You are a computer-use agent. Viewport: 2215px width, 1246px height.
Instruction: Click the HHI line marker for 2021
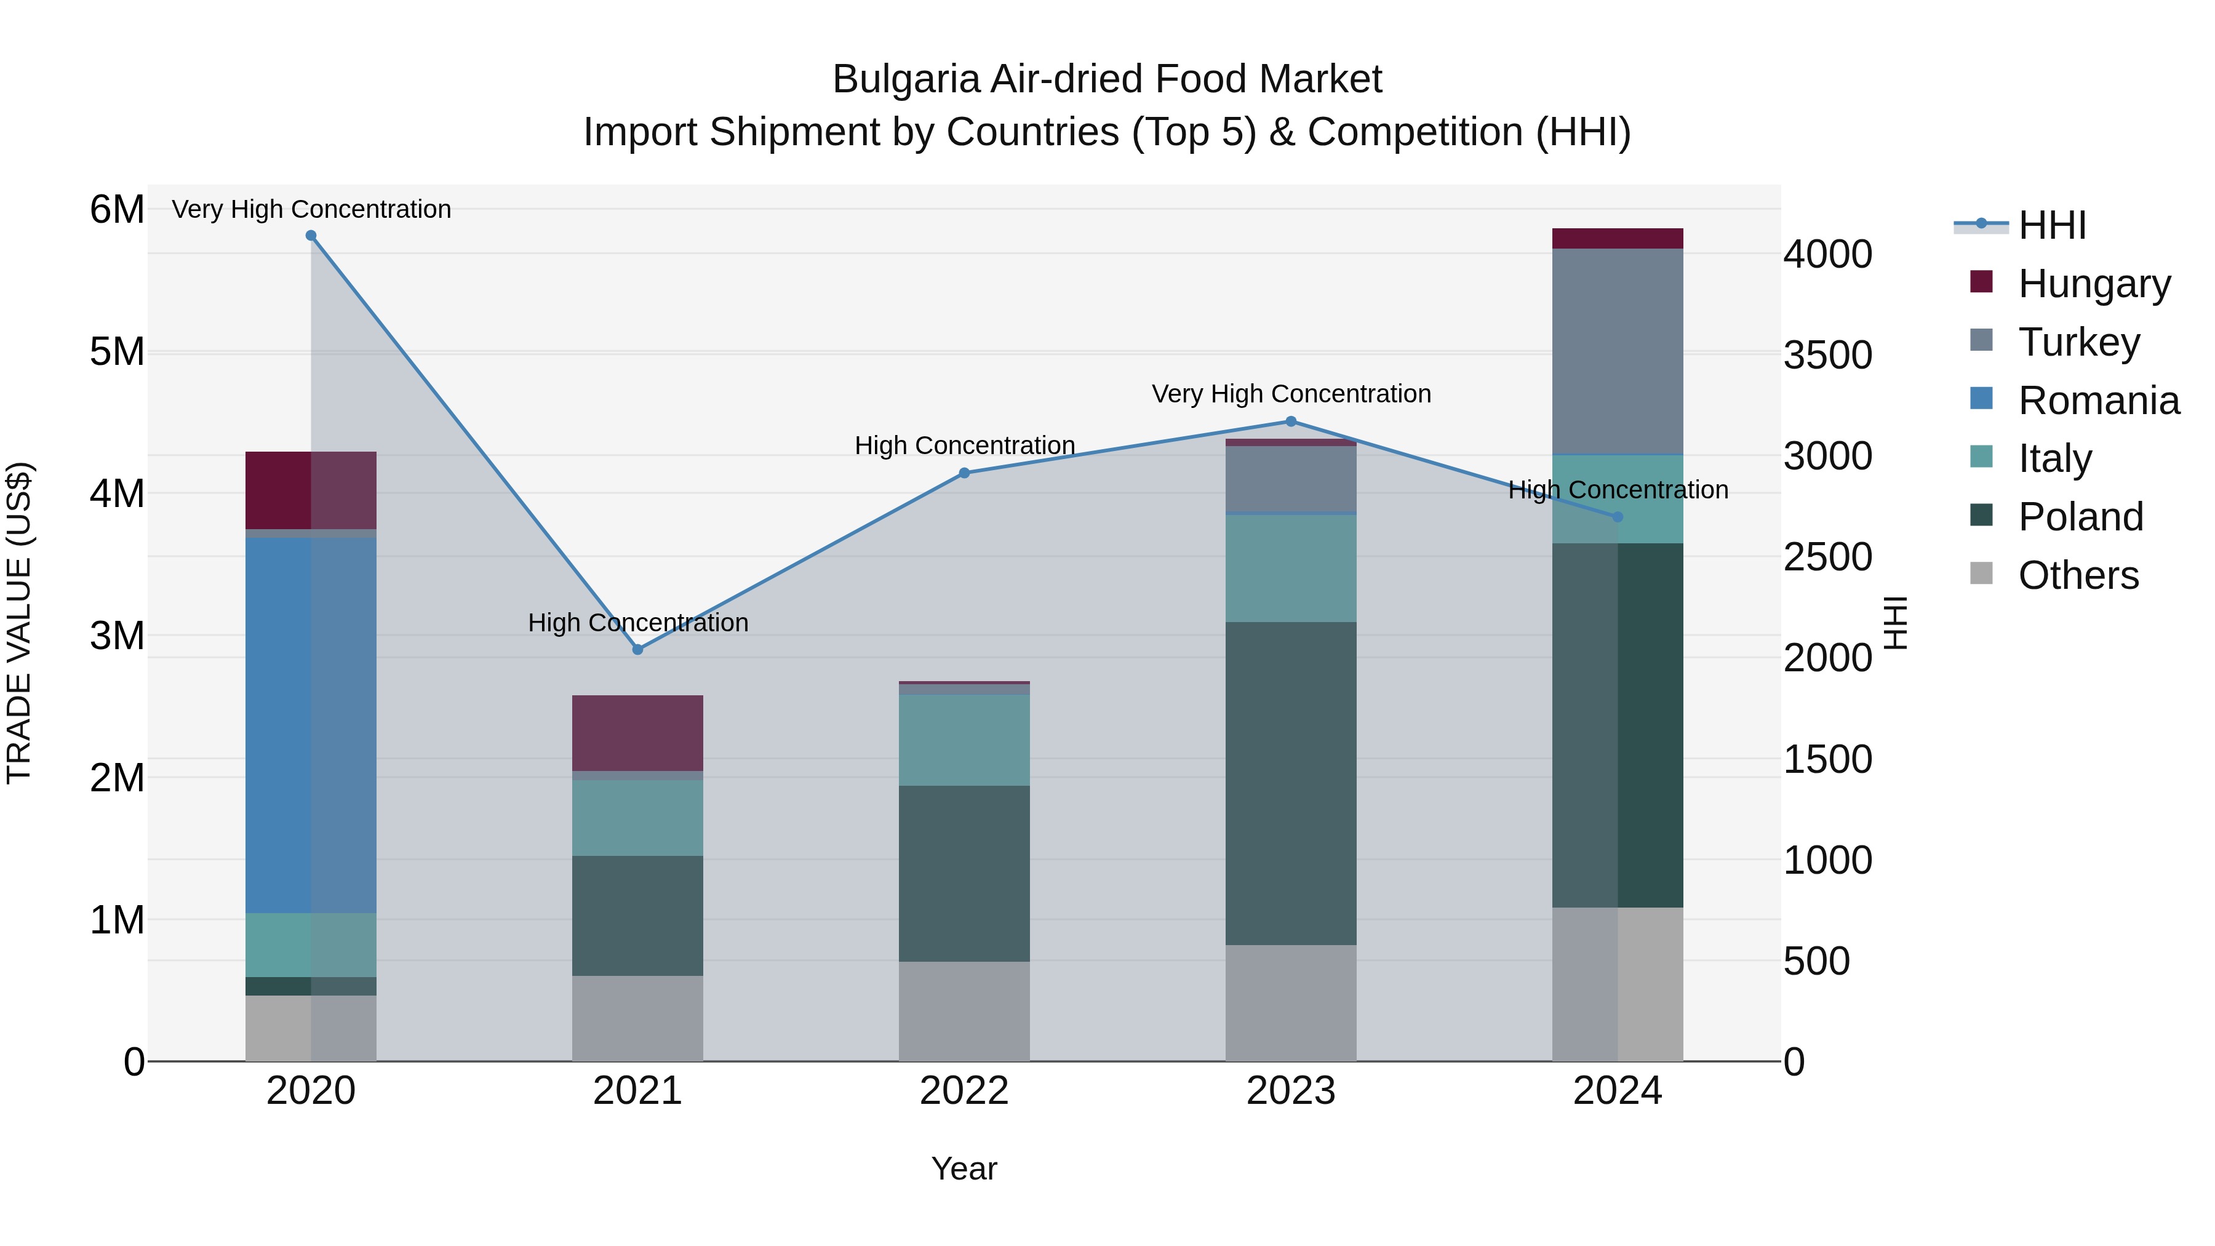pyautogui.click(x=637, y=649)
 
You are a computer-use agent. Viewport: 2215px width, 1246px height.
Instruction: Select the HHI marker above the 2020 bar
pyautogui.click(x=311, y=236)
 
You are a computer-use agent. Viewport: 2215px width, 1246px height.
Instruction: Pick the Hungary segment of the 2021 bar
pyautogui.click(x=637, y=733)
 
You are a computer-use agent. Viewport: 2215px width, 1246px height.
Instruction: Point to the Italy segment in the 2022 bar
pyautogui.click(x=964, y=740)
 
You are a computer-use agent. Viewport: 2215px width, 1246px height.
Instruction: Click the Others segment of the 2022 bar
pyautogui.click(x=964, y=1010)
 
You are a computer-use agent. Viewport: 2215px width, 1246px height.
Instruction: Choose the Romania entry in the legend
pyautogui.click(x=2098, y=401)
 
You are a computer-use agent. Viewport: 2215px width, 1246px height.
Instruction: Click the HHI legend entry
pyautogui.click(x=2051, y=225)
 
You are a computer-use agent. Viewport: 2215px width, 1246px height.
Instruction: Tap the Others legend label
pyautogui.click(x=2077, y=575)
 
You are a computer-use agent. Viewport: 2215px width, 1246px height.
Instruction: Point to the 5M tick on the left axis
pyautogui.click(x=117, y=352)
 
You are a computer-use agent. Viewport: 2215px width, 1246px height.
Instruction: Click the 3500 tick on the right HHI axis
pyautogui.click(x=1827, y=355)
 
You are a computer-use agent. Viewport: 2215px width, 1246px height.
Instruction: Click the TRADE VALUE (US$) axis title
pyautogui.click(x=20, y=623)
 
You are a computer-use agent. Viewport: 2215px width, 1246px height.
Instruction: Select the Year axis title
pyautogui.click(x=964, y=1168)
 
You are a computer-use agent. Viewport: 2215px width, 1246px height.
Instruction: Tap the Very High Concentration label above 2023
pyautogui.click(x=1291, y=394)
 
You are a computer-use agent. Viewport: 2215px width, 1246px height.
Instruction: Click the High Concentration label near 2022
pyautogui.click(x=964, y=445)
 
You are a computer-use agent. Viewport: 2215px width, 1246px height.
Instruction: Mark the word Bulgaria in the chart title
pyautogui.click(x=906, y=79)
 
